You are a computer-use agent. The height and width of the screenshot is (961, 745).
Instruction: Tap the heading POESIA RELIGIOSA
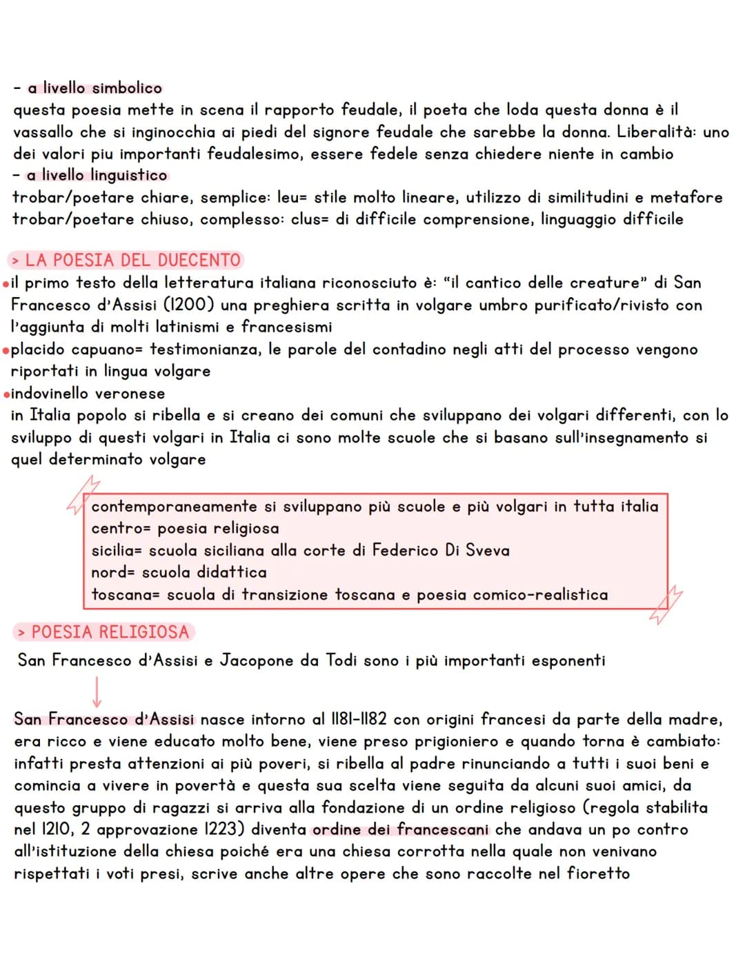pos(103,632)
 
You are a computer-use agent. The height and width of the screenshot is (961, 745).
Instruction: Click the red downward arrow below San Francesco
pos(97,691)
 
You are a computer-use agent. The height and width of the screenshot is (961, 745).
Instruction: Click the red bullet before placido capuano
pos(6,350)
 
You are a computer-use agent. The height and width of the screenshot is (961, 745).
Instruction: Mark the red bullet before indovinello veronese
pos(6,394)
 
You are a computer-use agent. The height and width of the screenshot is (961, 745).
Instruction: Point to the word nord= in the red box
pos(113,573)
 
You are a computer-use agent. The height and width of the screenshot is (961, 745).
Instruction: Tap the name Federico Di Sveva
pos(441,551)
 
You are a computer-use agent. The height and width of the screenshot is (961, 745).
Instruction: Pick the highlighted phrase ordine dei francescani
pos(401,830)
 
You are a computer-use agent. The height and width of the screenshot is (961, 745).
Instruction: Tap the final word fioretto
pos(598,874)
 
